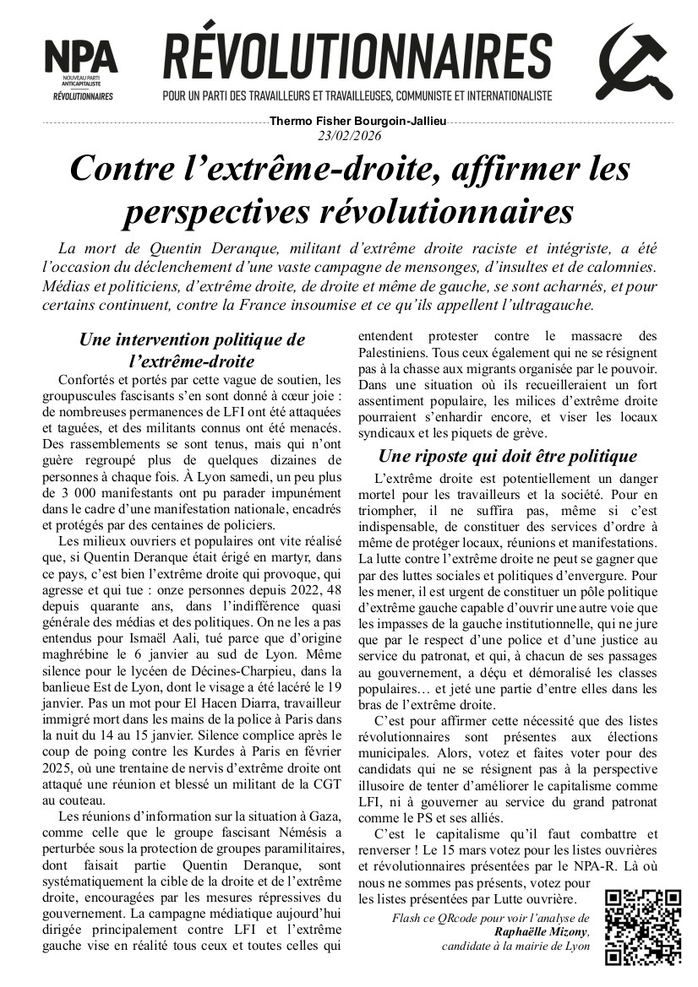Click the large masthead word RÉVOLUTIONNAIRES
[x=357, y=56]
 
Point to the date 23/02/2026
[x=349, y=136]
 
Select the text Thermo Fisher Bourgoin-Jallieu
[x=357, y=122]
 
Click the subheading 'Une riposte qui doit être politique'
[x=507, y=457]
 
